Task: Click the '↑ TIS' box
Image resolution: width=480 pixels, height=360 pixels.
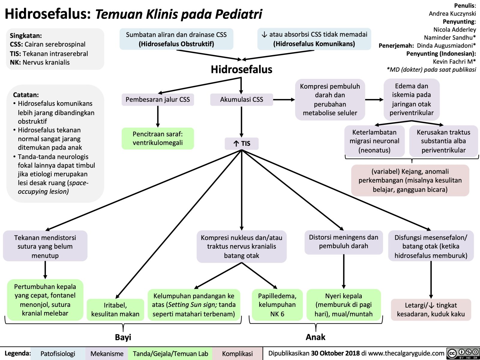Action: [241, 143]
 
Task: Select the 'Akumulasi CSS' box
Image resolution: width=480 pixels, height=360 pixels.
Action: [241, 100]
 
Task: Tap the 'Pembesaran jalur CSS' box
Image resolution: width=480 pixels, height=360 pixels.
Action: [158, 100]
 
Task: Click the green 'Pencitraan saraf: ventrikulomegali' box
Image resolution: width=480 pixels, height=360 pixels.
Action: [158, 138]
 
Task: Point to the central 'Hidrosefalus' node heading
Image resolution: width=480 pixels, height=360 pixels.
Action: [241, 69]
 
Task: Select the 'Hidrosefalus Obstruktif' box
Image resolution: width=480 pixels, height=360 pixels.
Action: [176, 39]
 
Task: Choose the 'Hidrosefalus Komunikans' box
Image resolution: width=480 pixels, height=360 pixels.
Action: [314, 39]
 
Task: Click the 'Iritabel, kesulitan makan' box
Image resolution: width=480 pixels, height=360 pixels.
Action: [115, 310]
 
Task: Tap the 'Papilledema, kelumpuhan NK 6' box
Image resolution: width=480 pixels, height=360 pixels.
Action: [277, 305]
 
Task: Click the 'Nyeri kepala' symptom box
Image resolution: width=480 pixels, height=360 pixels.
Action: [343, 305]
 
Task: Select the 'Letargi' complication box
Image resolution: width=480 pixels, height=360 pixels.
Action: [431, 310]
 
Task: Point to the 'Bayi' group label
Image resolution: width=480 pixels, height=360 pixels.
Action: [123, 337]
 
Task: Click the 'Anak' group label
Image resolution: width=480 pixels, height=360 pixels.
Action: [315, 337]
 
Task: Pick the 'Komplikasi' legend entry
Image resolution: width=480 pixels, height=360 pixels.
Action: [237, 354]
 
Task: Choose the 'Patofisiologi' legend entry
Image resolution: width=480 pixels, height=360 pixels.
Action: [58, 354]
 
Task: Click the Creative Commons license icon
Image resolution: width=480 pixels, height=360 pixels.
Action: [463, 353]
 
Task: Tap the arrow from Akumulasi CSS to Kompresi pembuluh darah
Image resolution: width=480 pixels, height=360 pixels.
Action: [284, 100]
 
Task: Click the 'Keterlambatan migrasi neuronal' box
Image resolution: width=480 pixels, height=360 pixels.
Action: [374, 141]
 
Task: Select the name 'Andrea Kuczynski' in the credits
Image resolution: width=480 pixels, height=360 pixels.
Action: [452, 13]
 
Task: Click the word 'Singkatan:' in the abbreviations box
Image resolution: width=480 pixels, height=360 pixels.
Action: [26, 36]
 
